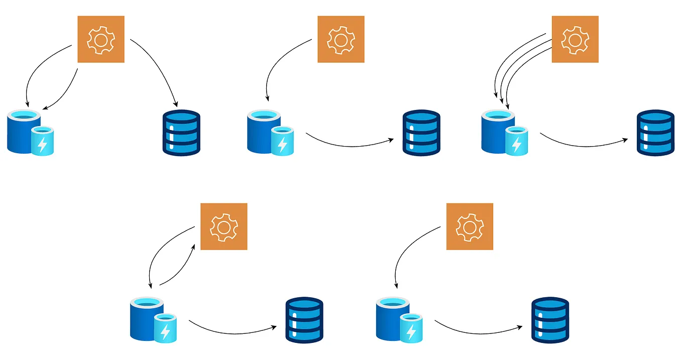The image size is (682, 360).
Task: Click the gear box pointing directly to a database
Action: pyautogui.click(x=101, y=39)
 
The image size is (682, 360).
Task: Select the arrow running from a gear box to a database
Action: pyautogui.click(x=159, y=65)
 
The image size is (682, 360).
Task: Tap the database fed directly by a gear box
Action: pyautogui.click(x=181, y=132)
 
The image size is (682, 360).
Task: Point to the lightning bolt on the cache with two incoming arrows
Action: pyautogui.click(x=43, y=145)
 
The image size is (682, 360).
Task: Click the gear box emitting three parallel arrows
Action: pyautogui.click(x=575, y=39)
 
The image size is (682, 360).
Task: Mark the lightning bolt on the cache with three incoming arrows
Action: pyautogui.click(x=516, y=145)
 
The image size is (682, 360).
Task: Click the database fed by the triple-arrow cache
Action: pyautogui.click(x=655, y=132)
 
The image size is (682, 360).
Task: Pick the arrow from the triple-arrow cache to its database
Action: pyautogui.click(x=583, y=146)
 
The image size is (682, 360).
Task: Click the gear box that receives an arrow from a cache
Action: pyautogui.click(x=224, y=226)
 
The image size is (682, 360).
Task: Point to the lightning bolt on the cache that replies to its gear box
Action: pyautogui.click(x=165, y=331)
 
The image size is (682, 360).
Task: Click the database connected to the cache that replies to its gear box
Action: pyautogui.click(x=304, y=320)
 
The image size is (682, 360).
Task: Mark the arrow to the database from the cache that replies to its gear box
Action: pyautogui.click(x=231, y=332)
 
